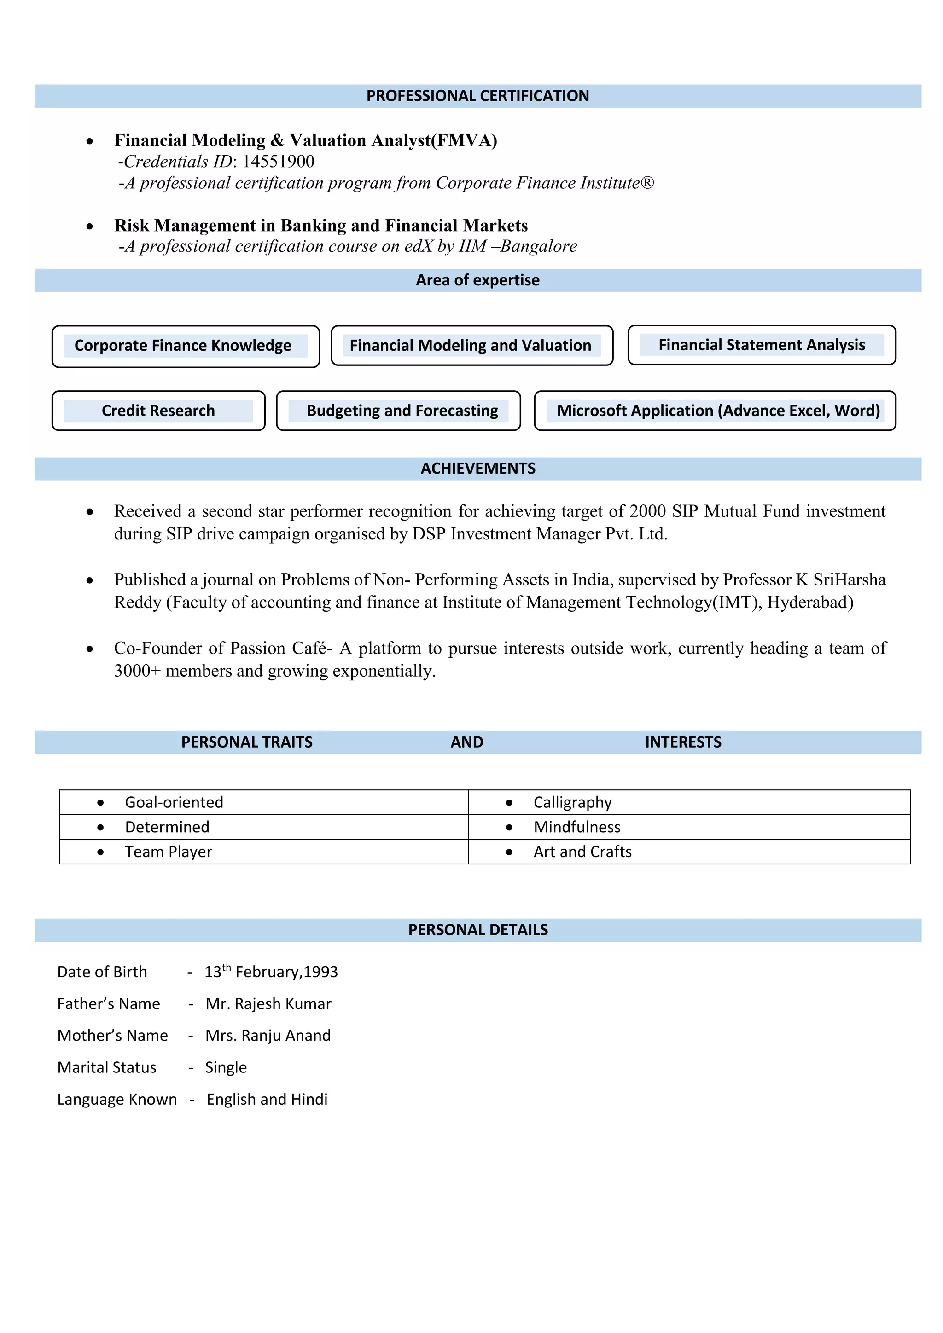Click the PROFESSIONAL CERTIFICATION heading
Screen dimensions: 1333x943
[477, 96]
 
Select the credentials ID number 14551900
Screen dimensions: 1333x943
[278, 162]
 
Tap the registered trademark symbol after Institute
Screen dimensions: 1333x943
[647, 183]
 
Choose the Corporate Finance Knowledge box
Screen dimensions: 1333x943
[185, 346]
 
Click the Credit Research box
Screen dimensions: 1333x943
[158, 411]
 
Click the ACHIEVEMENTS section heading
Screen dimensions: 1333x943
[477, 469]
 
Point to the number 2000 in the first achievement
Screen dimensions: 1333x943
[647, 511]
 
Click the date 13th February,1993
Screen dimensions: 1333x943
[271, 972]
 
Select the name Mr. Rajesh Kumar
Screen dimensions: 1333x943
[268, 1004]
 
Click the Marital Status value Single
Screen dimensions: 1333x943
[226, 1068]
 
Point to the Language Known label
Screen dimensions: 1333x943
[116, 1100]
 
